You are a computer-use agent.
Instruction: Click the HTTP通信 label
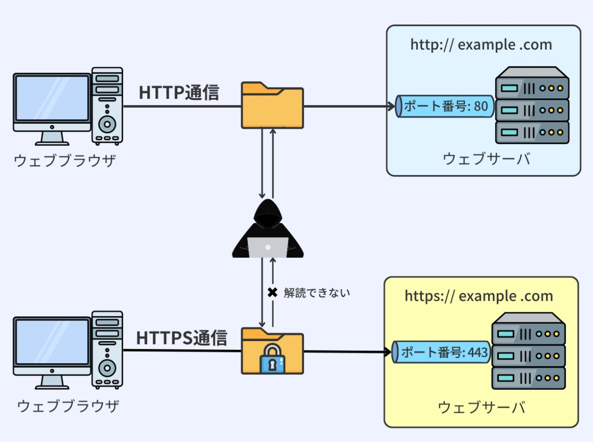179,92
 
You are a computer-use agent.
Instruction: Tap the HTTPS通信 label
181,338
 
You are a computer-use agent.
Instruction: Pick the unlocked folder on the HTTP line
272,106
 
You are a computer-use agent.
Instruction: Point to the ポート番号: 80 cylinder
445,106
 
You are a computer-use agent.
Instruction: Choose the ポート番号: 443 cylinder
441,352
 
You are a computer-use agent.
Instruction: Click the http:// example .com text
481,45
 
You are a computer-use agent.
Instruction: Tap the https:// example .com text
479,296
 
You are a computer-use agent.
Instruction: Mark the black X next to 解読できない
272,292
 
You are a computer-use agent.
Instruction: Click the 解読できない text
317,293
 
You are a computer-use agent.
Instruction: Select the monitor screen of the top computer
52,98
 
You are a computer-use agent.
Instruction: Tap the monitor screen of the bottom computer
52,342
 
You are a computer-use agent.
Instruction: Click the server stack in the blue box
532,106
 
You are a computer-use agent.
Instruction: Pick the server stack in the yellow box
529,351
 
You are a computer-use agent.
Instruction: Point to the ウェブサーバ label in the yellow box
481,407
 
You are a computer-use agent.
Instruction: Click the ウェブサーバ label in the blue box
486,159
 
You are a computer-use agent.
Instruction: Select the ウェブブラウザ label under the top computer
65,161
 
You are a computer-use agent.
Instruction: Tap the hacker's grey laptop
268,247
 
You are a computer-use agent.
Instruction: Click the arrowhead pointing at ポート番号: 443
388,352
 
